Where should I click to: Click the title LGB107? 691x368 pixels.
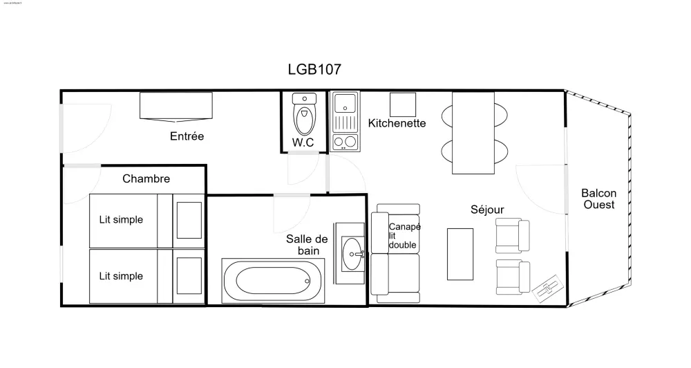point(314,69)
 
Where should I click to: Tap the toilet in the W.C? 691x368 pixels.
point(304,116)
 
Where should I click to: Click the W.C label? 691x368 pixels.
point(303,142)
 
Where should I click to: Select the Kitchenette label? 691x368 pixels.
point(397,123)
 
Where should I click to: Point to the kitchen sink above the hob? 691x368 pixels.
point(344,104)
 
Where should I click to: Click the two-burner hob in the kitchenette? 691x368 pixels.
point(345,142)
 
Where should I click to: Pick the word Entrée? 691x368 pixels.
point(187,136)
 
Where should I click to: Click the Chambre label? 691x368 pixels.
point(146,179)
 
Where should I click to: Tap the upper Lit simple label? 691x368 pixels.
point(121,220)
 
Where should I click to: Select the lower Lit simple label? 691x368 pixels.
point(121,276)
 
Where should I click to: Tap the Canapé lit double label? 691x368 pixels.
point(403,236)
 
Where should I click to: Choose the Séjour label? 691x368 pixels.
point(487,210)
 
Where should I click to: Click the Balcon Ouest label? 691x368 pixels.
point(598,199)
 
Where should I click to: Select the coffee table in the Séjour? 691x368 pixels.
point(460,254)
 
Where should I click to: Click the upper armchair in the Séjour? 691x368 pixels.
point(512,235)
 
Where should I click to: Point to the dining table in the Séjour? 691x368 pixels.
point(473,133)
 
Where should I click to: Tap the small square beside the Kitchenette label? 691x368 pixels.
point(402,104)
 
